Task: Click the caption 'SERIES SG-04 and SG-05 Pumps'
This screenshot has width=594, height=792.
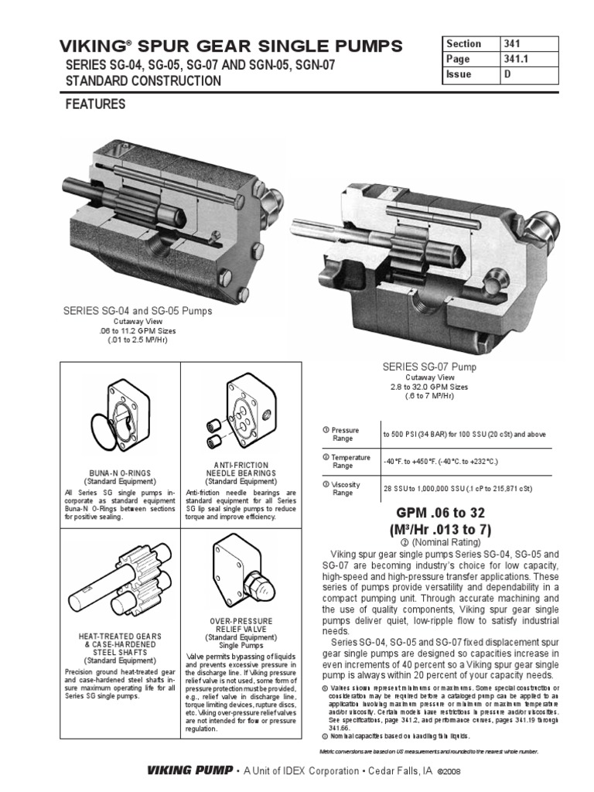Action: [x=138, y=311]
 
